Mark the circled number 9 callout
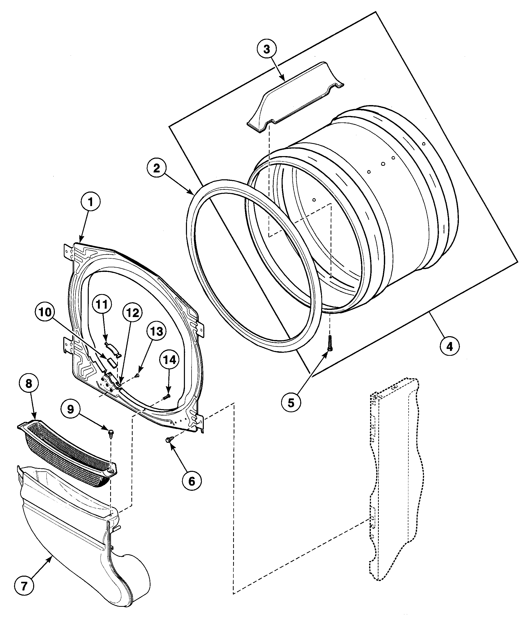70,409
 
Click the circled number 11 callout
102,305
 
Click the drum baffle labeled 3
295,96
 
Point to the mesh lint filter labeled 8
66,450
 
